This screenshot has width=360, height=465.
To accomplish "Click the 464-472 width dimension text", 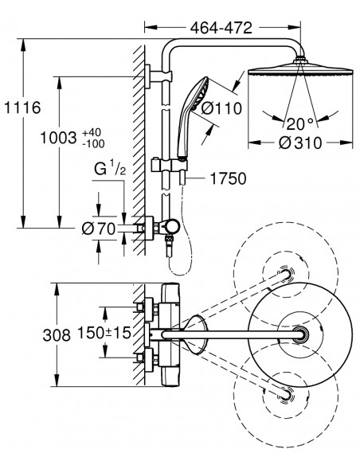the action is (x=221, y=28).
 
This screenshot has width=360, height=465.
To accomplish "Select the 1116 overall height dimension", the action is (x=22, y=107).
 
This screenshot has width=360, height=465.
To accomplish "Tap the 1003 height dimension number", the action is (x=58, y=138).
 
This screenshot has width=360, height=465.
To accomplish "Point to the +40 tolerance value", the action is (x=92, y=132).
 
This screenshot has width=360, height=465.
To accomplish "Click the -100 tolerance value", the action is (x=93, y=144).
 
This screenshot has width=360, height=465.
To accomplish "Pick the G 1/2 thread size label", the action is (x=110, y=169).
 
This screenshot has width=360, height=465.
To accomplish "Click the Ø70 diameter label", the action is (x=99, y=229).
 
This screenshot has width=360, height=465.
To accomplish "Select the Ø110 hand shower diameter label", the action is (x=221, y=108).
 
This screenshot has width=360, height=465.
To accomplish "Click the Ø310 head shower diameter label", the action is (x=300, y=143).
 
